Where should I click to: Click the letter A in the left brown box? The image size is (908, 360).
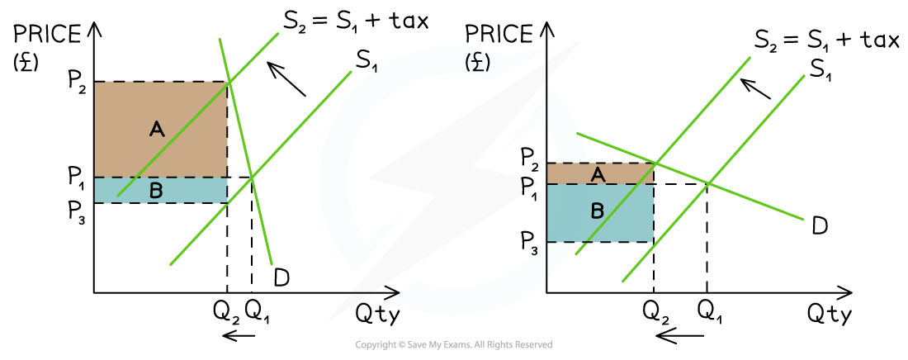157,129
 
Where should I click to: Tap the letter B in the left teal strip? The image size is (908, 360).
156,191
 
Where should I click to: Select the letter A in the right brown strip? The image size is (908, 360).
598,174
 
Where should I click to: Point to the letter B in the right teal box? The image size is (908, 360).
597,211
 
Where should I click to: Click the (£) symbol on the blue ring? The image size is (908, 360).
477,63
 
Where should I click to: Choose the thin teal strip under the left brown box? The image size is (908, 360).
198,191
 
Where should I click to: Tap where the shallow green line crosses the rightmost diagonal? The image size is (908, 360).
708,182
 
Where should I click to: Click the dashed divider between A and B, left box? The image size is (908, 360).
132,178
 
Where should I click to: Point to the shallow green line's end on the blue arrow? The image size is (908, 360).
578,133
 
